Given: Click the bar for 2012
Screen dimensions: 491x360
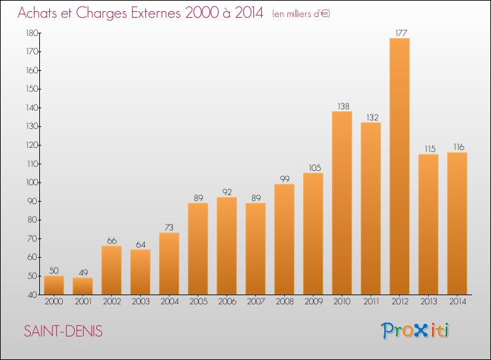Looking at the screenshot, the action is coord(399,166).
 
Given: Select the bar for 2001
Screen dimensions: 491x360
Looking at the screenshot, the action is coord(82,286).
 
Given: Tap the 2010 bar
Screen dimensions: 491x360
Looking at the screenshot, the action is coord(342,203).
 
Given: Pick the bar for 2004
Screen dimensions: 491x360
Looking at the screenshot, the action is coord(169,264).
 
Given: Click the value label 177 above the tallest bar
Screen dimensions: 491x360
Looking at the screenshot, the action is coord(401,33).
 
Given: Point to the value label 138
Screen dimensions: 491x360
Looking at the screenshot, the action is coord(343,107).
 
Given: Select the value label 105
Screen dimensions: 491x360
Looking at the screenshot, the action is coord(315,168).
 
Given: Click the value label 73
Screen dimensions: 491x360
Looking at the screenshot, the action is coord(169,228).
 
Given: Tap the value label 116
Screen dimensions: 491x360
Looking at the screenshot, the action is coord(459,147).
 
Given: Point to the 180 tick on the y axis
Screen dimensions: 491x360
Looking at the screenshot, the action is coord(32,33).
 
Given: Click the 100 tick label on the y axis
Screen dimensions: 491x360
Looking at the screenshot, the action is coord(32,183).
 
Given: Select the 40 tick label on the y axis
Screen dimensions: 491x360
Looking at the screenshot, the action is coord(33,295).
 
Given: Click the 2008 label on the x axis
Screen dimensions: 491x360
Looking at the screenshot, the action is coord(285,302).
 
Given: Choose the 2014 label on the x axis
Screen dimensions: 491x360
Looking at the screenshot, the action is coord(458,302).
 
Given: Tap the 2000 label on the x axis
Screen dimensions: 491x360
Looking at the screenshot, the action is coord(54,302).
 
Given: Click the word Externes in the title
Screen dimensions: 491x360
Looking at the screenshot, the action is coord(156,13).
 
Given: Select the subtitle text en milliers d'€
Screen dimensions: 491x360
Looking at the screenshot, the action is coord(301,14).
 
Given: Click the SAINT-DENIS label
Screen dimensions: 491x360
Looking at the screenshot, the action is coord(64,331).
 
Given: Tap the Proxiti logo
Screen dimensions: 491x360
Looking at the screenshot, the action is coord(415,331).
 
